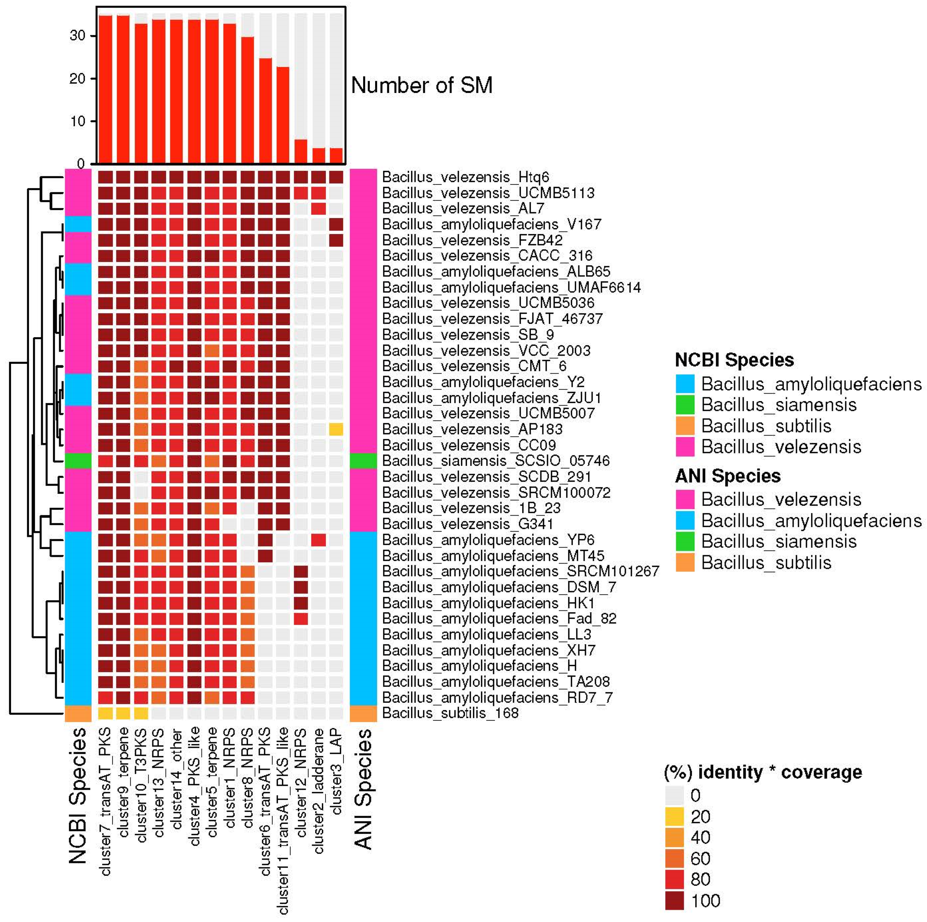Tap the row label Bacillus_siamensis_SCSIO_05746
point(496,461)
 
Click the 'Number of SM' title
point(422,85)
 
